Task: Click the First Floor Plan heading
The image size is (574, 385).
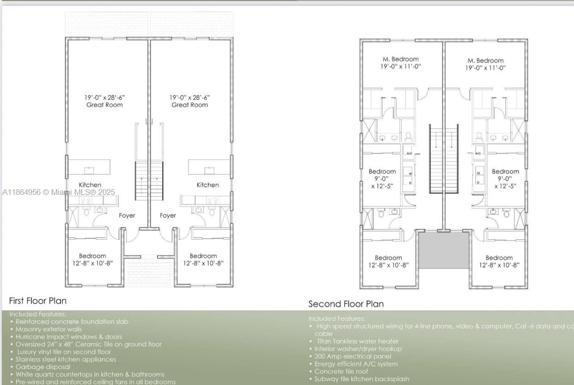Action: tap(38, 301)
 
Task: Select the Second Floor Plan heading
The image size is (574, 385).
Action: tap(346, 304)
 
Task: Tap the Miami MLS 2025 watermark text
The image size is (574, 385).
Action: tap(59, 192)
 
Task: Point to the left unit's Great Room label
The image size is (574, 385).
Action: tap(105, 105)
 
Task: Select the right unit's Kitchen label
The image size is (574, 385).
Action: tap(207, 185)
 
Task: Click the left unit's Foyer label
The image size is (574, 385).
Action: tap(127, 215)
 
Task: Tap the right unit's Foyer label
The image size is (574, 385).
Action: tap(168, 215)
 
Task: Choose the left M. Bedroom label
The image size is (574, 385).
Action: tap(401, 59)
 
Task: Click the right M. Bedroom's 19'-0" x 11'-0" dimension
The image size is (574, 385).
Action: tap(485, 67)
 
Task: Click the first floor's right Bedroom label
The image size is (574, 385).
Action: tap(203, 256)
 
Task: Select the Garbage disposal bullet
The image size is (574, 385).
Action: tap(43, 367)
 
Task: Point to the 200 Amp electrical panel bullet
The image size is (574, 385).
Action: tap(353, 356)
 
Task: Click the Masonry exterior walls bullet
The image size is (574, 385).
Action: tap(48, 329)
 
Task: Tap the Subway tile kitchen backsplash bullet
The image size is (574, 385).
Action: tap(361, 379)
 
